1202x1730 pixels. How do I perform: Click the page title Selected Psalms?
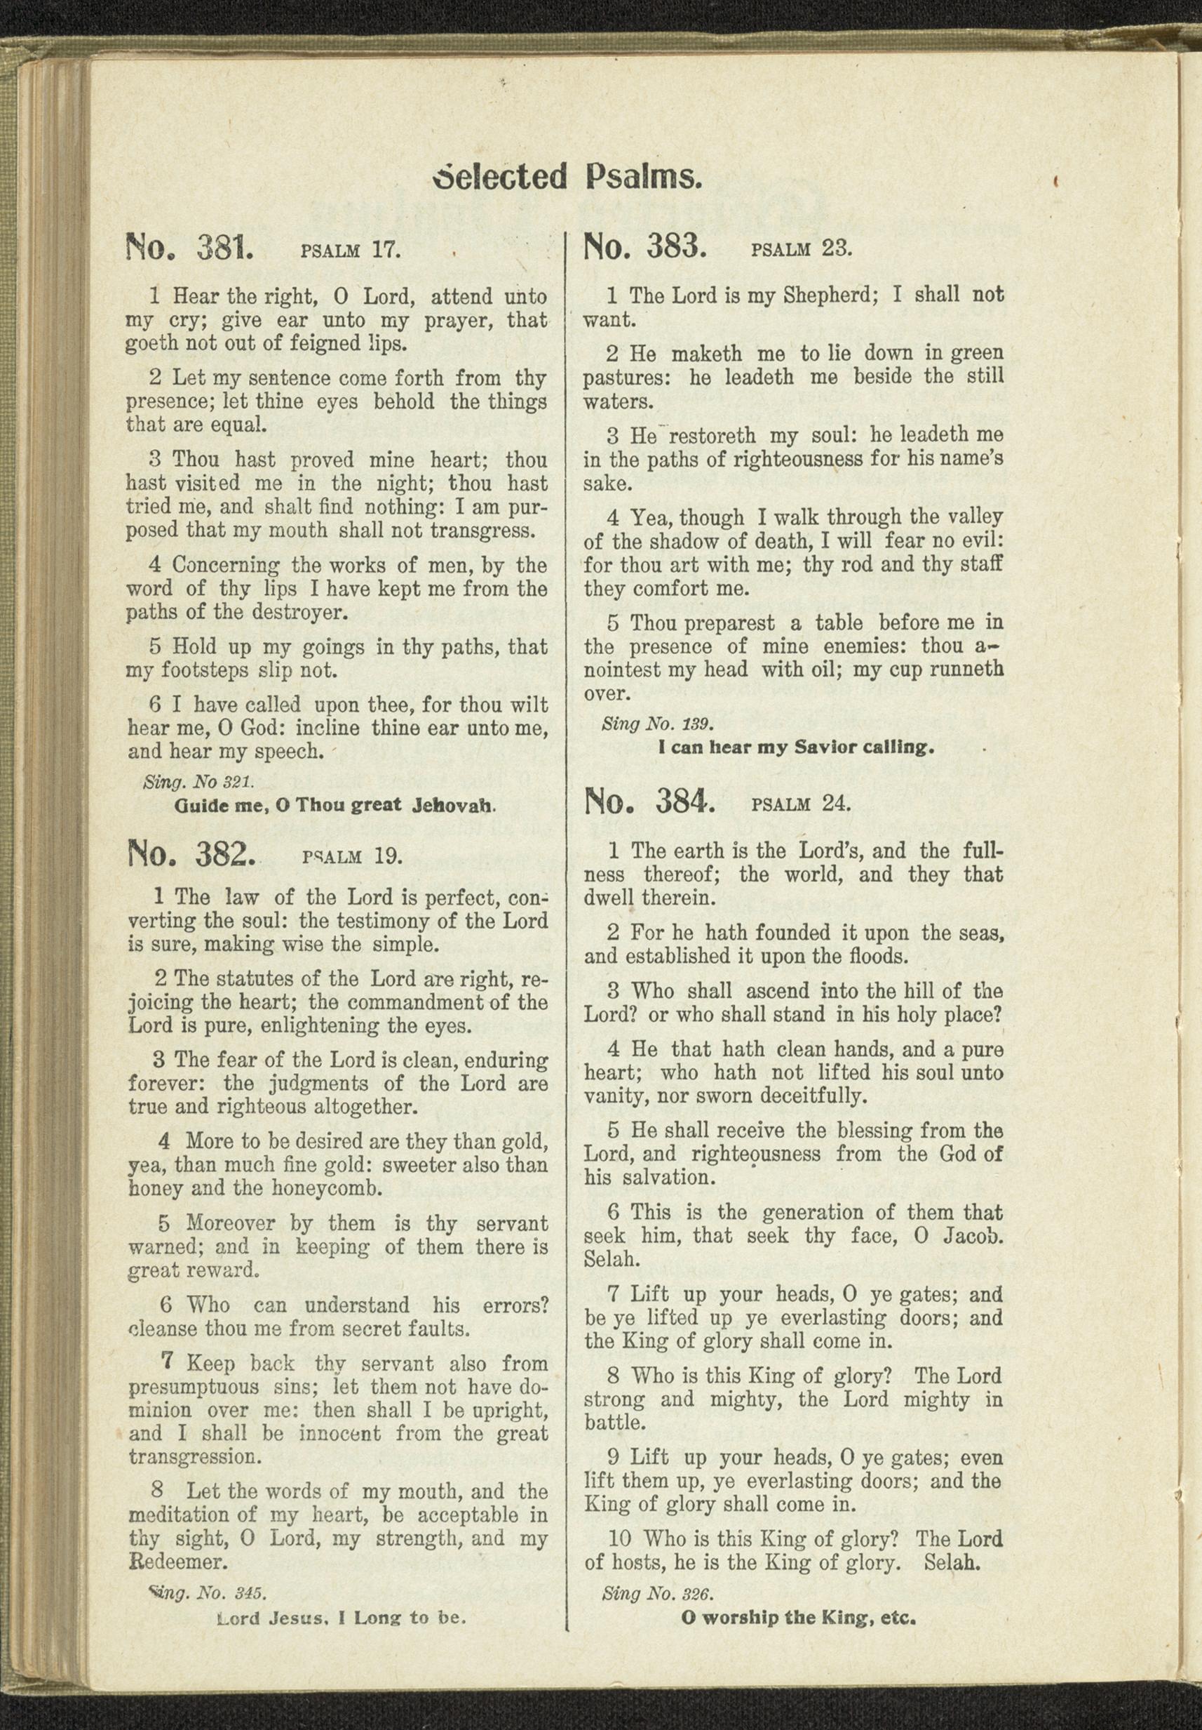tap(568, 178)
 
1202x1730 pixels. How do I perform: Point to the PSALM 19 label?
tap(352, 856)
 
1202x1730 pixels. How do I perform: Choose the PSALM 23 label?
tap(802, 248)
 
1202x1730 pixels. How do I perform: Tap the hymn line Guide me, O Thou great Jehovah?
tap(335, 806)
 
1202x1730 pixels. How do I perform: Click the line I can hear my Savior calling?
tap(796, 749)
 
